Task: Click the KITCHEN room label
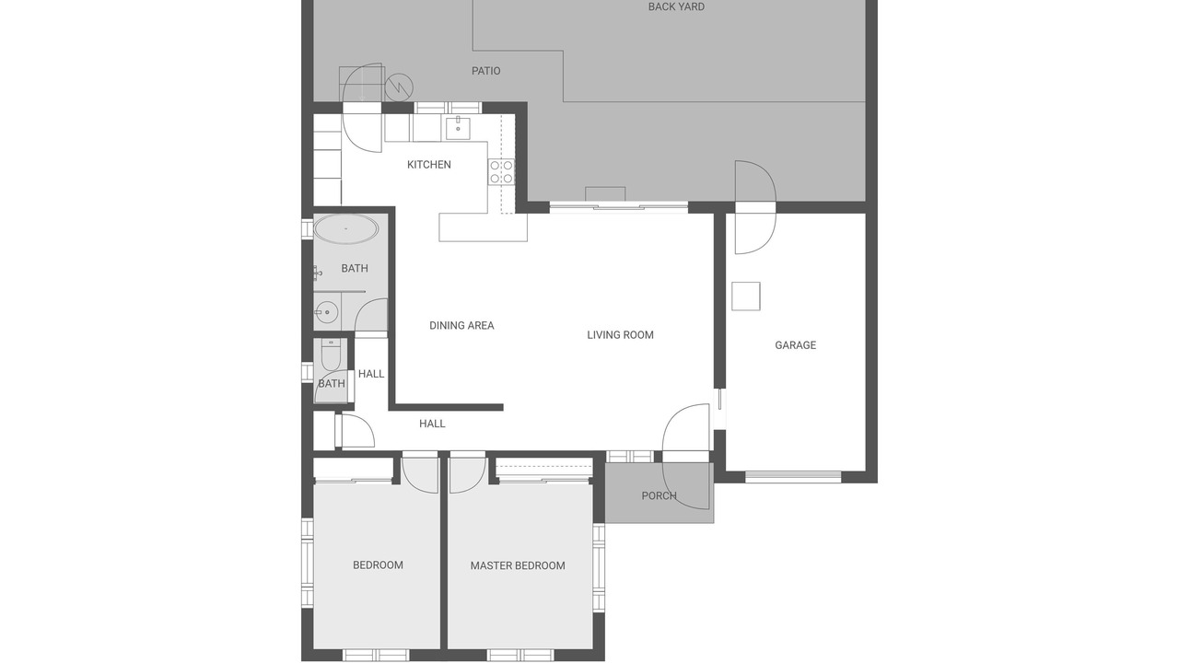pos(429,165)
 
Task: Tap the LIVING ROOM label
pos(620,334)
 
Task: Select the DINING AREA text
pos(461,326)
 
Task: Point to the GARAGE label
pos(795,345)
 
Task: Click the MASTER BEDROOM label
pos(518,565)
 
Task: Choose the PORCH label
pos(659,495)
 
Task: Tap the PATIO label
pos(485,71)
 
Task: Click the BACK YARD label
pos(676,6)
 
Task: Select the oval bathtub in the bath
pos(345,229)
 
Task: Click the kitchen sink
pos(458,128)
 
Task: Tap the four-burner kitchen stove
pos(501,172)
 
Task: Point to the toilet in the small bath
pos(331,355)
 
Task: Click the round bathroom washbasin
pos(326,312)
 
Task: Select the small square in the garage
pos(746,297)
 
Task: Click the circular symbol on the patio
pos(399,87)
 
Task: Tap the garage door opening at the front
pos(793,477)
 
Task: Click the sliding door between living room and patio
pos(619,207)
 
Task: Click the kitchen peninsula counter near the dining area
pos(484,227)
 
